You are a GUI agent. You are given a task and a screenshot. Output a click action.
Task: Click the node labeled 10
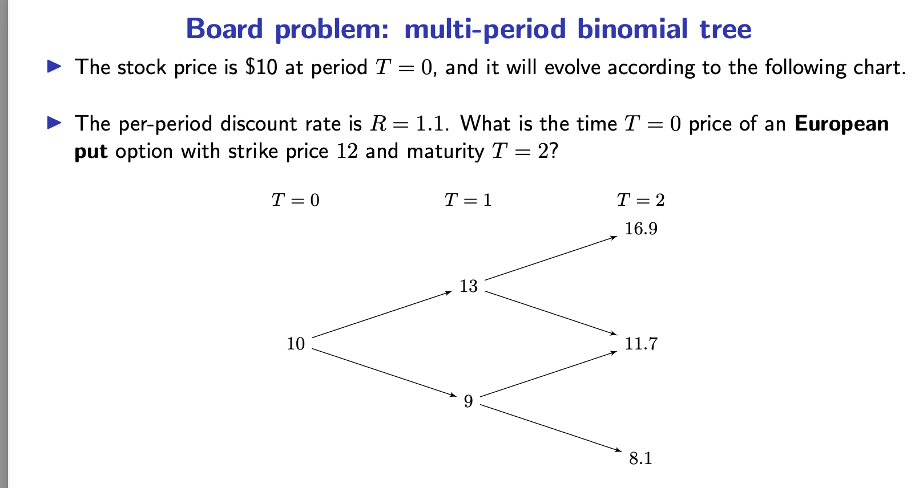click(296, 344)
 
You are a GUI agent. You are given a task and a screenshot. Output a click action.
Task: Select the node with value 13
click(468, 286)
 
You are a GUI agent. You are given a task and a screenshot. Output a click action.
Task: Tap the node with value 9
click(468, 401)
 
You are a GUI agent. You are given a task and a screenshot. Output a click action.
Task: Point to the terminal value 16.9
click(640, 229)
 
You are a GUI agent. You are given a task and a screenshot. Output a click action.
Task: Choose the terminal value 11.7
click(640, 344)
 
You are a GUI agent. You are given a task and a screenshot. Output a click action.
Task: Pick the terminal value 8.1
click(640, 458)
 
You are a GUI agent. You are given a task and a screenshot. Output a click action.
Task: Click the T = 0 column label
click(295, 200)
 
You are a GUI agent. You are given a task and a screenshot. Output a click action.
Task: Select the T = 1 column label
click(467, 200)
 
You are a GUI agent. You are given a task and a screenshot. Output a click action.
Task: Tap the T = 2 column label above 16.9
click(640, 200)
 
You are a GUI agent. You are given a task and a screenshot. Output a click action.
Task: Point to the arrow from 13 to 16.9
click(551, 258)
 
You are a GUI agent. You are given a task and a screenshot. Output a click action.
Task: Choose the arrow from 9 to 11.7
click(549, 373)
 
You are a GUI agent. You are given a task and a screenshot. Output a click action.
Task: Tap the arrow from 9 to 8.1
click(551, 428)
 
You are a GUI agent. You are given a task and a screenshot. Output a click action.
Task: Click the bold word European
click(841, 124)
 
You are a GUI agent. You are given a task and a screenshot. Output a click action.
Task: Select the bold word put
click(91, 152)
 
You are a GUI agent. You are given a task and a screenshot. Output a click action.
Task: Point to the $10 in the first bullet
click(261, 67)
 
